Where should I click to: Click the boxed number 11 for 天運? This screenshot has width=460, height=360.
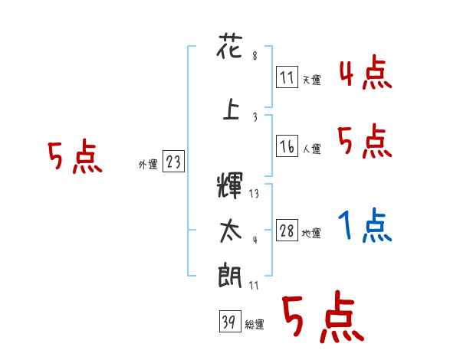pos(287,77)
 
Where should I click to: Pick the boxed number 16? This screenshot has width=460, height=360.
pos(287,146)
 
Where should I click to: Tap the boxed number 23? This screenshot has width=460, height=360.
pos(173,162)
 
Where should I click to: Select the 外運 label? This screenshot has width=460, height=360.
pos(148,164)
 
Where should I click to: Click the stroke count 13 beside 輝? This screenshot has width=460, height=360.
pos(254,194)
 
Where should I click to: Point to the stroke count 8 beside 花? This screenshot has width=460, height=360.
pos(254,56)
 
